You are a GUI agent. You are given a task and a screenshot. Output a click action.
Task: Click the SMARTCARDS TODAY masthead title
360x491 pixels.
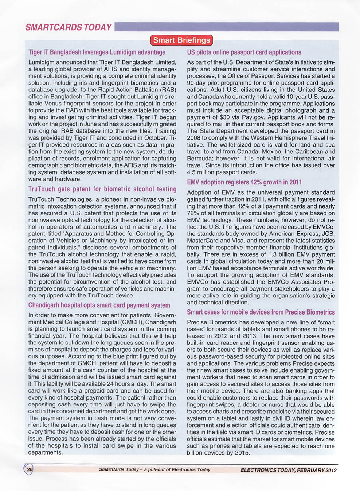[69, 27]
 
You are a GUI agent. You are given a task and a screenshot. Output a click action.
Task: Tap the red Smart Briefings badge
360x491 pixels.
[181, 40]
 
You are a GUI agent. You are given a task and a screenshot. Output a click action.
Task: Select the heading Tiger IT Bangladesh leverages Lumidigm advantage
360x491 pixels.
[97, 52]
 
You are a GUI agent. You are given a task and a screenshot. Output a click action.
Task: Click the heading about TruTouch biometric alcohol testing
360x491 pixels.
[102, 189]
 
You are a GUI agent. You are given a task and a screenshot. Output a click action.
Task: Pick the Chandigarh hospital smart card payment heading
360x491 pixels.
[99, 305]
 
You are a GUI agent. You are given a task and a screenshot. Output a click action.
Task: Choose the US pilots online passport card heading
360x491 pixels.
[244, 52]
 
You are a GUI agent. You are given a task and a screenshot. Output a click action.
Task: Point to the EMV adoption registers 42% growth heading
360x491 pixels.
[244, 182]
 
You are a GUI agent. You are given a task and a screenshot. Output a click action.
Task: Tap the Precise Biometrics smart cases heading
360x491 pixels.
[261, 312]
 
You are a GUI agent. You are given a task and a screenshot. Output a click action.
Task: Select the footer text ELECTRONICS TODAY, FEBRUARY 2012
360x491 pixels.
[288, 470]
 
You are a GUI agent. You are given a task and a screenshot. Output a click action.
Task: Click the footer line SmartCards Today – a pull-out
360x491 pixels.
[154, 469]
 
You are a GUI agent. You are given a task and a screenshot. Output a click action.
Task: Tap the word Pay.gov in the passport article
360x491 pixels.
[254, 117]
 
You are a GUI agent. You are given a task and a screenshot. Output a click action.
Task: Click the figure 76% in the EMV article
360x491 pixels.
[193, 213]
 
